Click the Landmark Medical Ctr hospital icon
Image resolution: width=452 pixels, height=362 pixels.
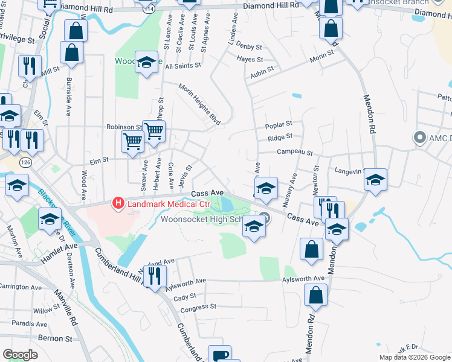[118, 204]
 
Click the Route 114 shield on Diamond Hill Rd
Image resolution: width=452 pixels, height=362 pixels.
[145, 9]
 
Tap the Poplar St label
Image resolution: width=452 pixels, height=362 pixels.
[279, 127]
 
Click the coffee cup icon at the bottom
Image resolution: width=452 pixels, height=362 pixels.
[219, 355]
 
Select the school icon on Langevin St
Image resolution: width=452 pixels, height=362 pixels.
[375, 179]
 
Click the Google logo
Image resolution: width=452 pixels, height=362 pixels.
[20, 355]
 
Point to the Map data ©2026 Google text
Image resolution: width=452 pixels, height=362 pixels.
[414, 357]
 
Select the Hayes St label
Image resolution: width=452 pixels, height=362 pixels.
[250, 60]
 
